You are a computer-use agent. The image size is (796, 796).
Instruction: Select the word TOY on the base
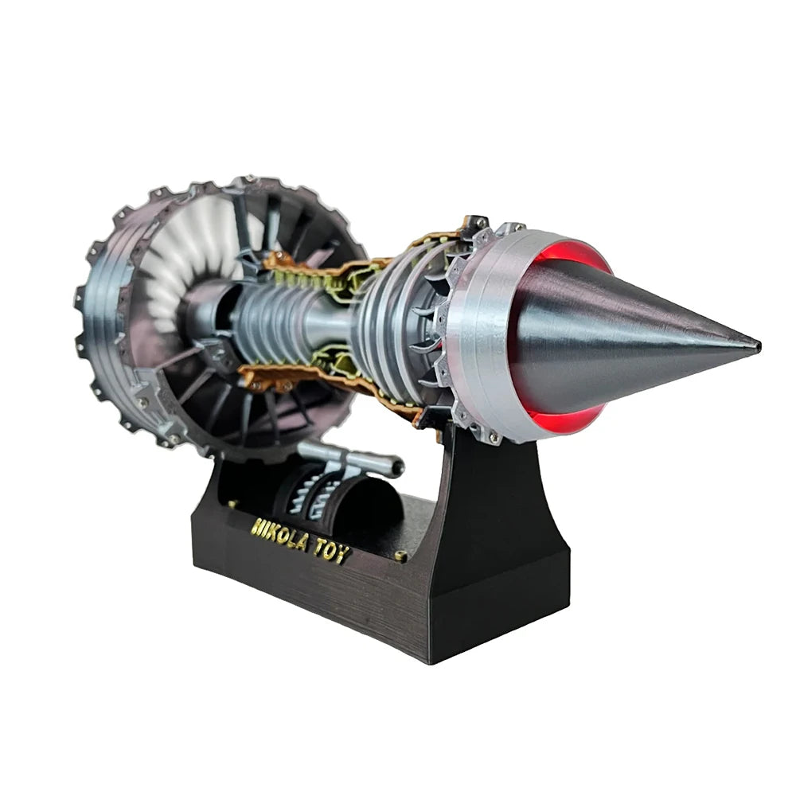coord(331,552)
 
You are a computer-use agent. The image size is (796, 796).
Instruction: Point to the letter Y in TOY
coord(342,555)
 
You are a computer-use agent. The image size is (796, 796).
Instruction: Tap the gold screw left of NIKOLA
coord(232,504)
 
